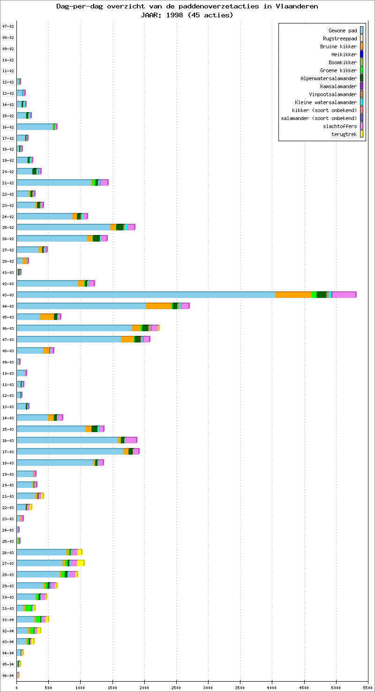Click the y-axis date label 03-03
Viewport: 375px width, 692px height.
tap(8, 295)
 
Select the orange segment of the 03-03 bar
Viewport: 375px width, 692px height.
tap(293, 295)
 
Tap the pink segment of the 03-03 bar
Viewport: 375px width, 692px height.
tap(343, 295)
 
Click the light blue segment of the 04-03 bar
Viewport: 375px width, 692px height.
tap(81, 306)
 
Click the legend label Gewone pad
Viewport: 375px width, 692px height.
tap(343, 30)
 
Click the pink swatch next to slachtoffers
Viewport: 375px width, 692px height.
tap(361, 126)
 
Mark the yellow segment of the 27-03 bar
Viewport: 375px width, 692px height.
tap(80, 563)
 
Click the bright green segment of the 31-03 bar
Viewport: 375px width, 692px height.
tap(29, 608)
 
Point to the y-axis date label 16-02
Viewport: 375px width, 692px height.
tap(8, 127)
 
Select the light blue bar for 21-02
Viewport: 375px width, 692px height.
tap(54, 183)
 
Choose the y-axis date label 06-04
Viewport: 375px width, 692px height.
tap(8, 676)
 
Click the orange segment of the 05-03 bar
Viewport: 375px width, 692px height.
tap(47, 317)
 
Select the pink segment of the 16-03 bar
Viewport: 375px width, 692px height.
tap(130, 440)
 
